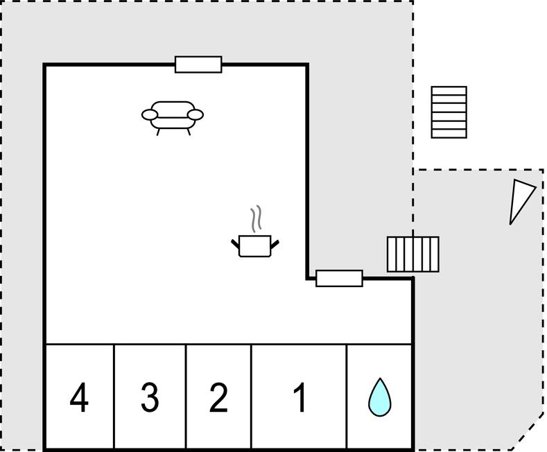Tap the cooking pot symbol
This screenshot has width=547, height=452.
pos(255,246)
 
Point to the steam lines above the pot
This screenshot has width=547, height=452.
pos(256,218)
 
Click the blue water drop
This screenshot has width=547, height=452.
pos(380,397)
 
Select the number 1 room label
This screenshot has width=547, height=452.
pos(299,397)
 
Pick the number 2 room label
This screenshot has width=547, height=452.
pos(218,397)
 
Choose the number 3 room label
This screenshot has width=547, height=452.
pos(150,397)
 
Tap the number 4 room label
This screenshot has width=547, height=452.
pos(79,397)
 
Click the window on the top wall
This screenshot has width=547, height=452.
pos(198,64)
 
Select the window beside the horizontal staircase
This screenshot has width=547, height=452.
pos(340,278)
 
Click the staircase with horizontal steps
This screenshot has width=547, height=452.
pos(449,112)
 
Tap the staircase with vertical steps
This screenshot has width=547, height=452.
pos(413,254)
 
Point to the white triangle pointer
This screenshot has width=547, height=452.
pos(520,200)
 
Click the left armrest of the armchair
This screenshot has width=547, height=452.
pos(150,114)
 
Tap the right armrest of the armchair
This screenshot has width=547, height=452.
pos(195,114)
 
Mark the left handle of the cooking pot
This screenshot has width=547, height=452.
pos(236,243)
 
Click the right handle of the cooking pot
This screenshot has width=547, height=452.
pos(275,244)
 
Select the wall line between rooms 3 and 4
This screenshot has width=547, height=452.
pos(114,397)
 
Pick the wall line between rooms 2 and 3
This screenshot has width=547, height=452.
pos(186,397)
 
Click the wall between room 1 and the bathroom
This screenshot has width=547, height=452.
pos(347,397)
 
